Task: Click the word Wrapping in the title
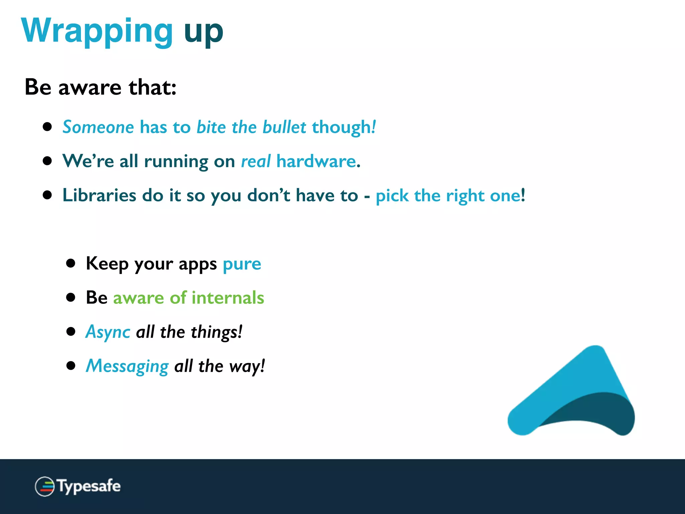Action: [x=97, y=31]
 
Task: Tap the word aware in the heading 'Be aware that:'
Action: [x=90, y=88]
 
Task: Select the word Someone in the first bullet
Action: [x=98, y=127]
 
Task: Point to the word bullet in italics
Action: [x=284, y=127]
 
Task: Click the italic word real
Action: [x=256, y=161]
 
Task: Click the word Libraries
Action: [x=99, y=195]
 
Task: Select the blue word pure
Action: [x=242, y=264]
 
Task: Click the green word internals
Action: [x=228, y=298]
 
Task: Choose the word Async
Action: [x=108, y=332]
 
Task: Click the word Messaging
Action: [x=127, y=366]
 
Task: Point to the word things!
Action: [x=216, y=332]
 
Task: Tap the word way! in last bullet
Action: [x=247, y=366]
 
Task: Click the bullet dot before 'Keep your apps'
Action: [x=71, y=263]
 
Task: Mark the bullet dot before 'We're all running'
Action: [x=47, y=161]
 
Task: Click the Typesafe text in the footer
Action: [x=89, y=486]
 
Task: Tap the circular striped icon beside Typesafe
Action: [x=44, y=486]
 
